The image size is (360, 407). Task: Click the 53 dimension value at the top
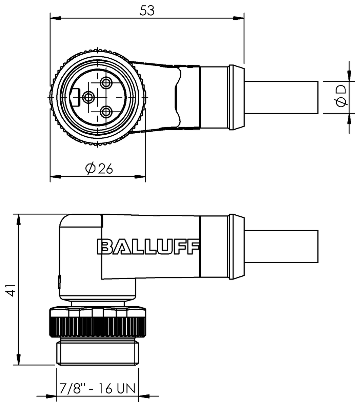pyautogui.click(x=147, y=11)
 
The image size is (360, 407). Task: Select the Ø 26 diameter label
pyautogui.click(x=99, y=169)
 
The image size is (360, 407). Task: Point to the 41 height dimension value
pyautogui.click(x=11, y=290)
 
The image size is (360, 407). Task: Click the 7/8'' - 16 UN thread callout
pyautogui.click(x=98, y=388)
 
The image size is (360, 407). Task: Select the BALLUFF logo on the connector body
pyautogui.click(x=148, y=247)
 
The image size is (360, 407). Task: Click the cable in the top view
pyautogui.click(x=281, y=97)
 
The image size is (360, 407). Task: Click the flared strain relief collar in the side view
pyautogui.click(x=236, y=247)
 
